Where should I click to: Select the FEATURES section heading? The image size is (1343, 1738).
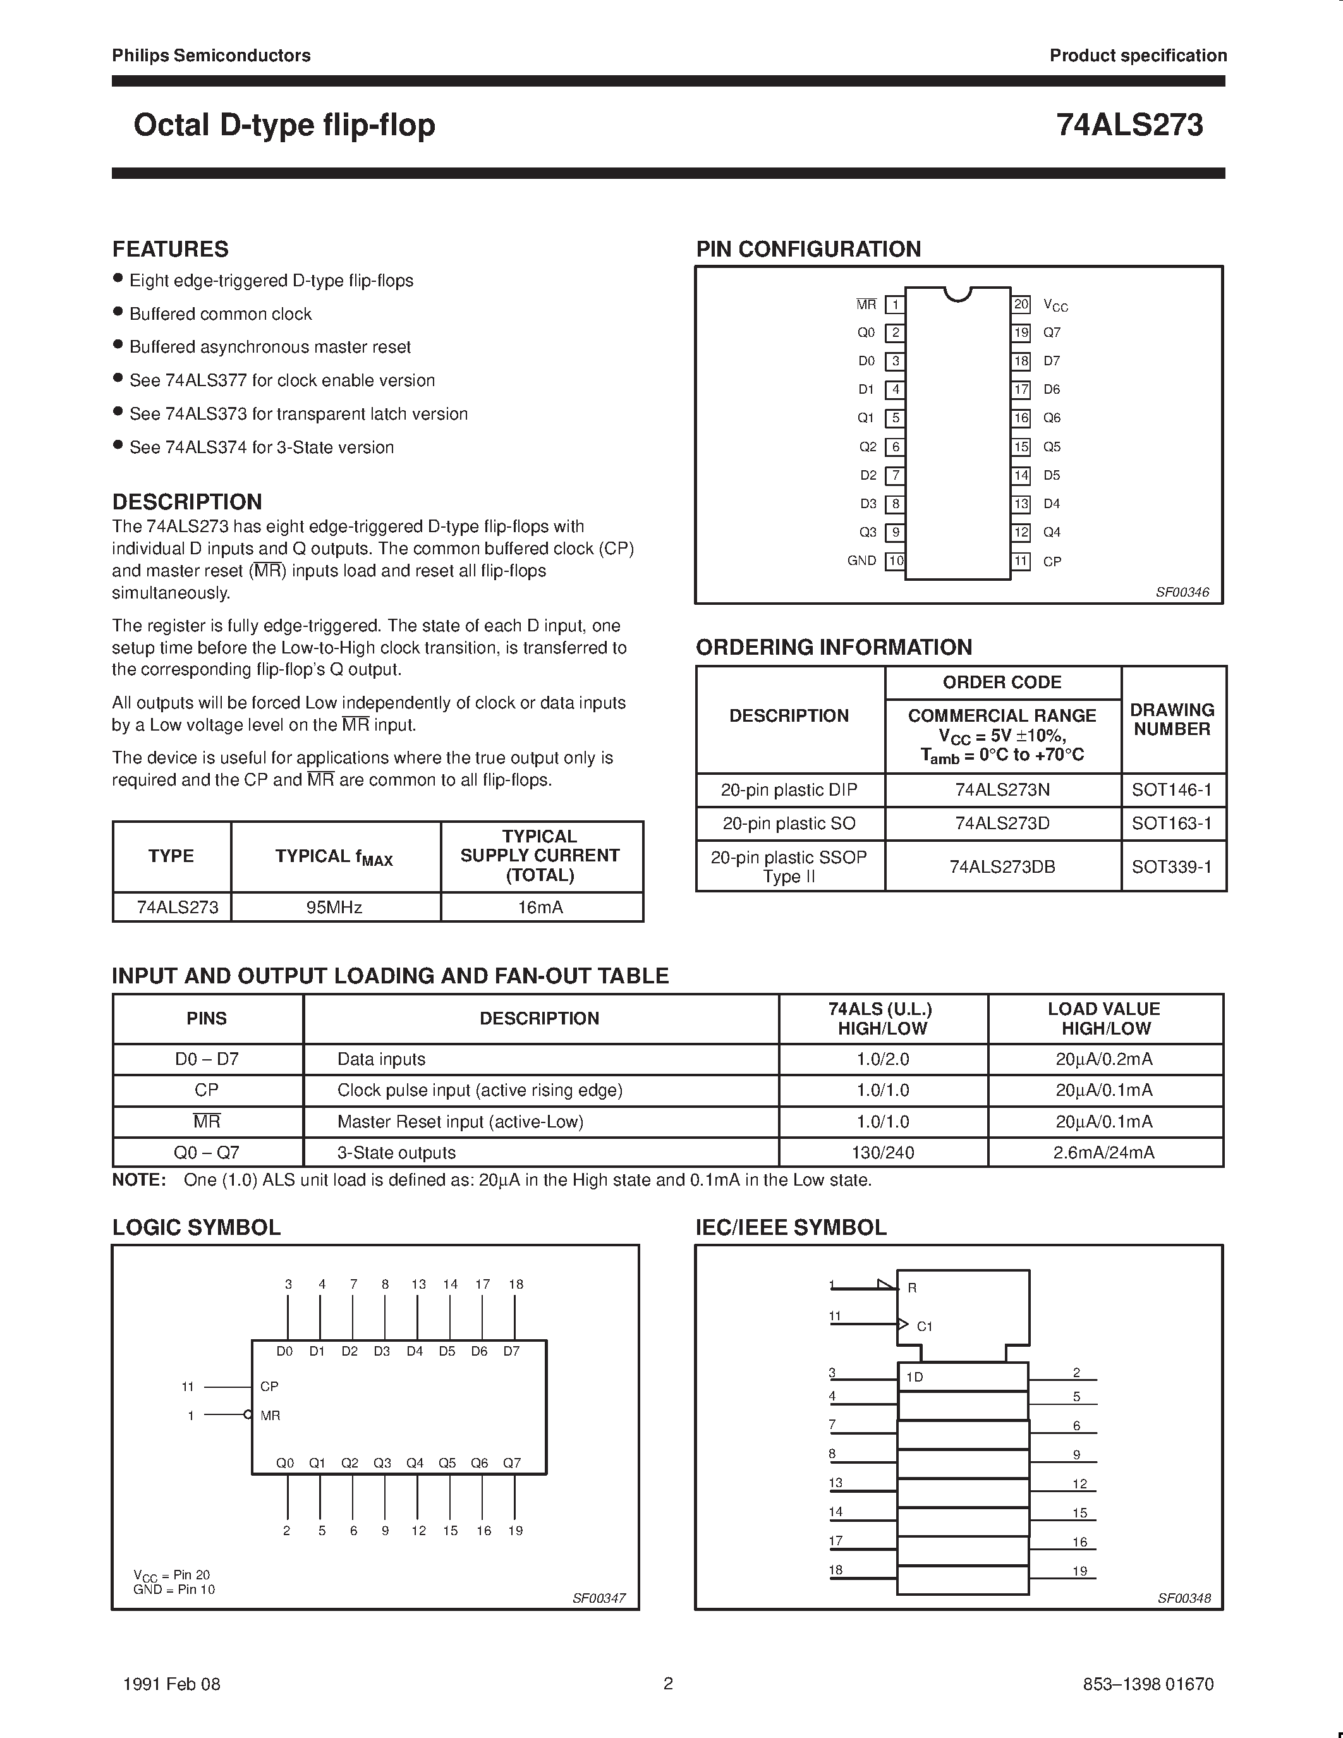(x=170, y=249)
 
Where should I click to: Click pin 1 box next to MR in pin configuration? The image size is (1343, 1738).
(x=895, y=305)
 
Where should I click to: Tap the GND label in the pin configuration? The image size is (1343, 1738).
(x=861, y=560)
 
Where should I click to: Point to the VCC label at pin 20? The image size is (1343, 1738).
(x=1055, y=306)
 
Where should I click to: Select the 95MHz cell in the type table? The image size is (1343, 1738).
(x=334, y=907)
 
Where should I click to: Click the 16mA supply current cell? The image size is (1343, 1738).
(x=540, y=907)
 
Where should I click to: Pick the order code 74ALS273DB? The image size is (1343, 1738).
(x=1002, y=866)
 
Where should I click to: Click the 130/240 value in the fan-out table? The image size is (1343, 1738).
(x=882, y=1152)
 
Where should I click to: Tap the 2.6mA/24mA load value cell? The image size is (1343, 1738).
(x=1103, y=1152)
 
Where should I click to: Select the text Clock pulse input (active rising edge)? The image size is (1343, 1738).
(x=480, y=1090)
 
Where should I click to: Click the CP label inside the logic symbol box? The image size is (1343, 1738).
(x=270, y=1386)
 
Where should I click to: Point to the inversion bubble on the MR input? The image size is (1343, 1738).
(x=248, y=1415)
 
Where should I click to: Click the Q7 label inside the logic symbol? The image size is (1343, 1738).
(x=511, y=1462)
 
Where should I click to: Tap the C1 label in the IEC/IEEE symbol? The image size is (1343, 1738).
(x=925, y=1327)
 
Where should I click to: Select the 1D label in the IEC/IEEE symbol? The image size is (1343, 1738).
(x=915, y=1376)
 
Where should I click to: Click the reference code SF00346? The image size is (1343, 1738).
(x=1182, y=592)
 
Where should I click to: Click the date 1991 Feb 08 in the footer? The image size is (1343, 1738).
(x=172, y=1684)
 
